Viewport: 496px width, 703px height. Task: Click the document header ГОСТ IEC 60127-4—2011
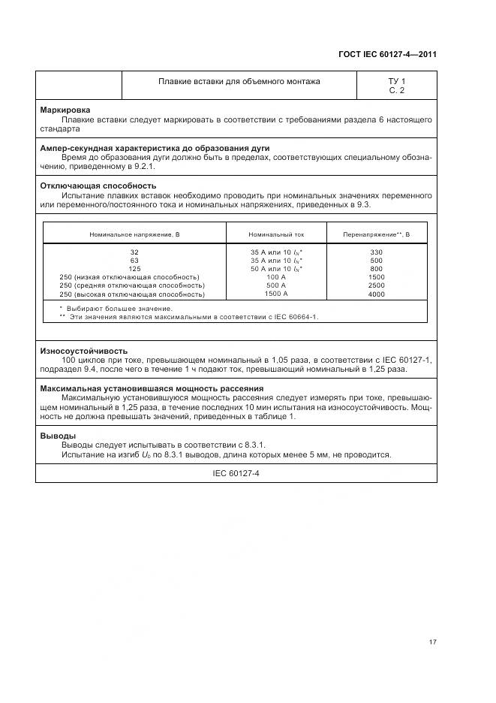pos(387,54)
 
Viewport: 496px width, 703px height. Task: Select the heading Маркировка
pos(65,110)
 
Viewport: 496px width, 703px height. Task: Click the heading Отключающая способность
pos(98,186)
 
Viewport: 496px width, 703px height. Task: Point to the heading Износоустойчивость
pos(83,351)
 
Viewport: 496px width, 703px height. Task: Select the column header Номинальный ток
pos(276,234)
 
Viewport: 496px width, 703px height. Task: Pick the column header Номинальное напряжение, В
pos(134,234)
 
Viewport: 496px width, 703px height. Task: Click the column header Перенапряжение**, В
pos(377,234)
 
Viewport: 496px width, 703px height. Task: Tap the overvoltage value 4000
pos(377,294)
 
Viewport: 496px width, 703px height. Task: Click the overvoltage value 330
pos(377,252)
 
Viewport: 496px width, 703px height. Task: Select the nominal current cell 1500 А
pos(276,294)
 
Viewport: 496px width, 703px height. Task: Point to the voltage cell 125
pos(134,269)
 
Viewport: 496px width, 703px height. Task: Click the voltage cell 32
pos(134,252)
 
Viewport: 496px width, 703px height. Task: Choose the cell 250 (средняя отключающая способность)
pos(131,285)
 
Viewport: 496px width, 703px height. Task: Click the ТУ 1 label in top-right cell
pos(396,81)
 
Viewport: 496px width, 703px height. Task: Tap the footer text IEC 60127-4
pos(236,473)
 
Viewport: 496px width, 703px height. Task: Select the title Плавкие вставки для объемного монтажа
pos(239,81)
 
